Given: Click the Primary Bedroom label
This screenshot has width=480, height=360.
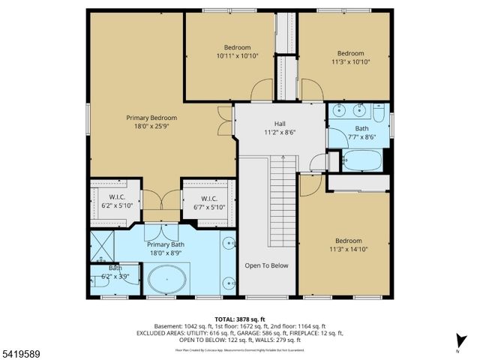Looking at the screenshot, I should click(x=151, y=118).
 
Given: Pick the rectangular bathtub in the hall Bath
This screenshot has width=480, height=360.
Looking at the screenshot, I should click(x=361, y=160).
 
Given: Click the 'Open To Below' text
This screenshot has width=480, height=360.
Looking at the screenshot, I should click(x=266, y=265).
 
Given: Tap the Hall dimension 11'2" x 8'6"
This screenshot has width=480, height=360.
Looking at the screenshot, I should click(x=280, y=133).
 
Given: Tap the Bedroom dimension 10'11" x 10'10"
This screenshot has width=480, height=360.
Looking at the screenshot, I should click(x=237, y=56).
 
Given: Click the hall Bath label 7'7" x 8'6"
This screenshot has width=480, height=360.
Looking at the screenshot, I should click(x=358, y=133).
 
